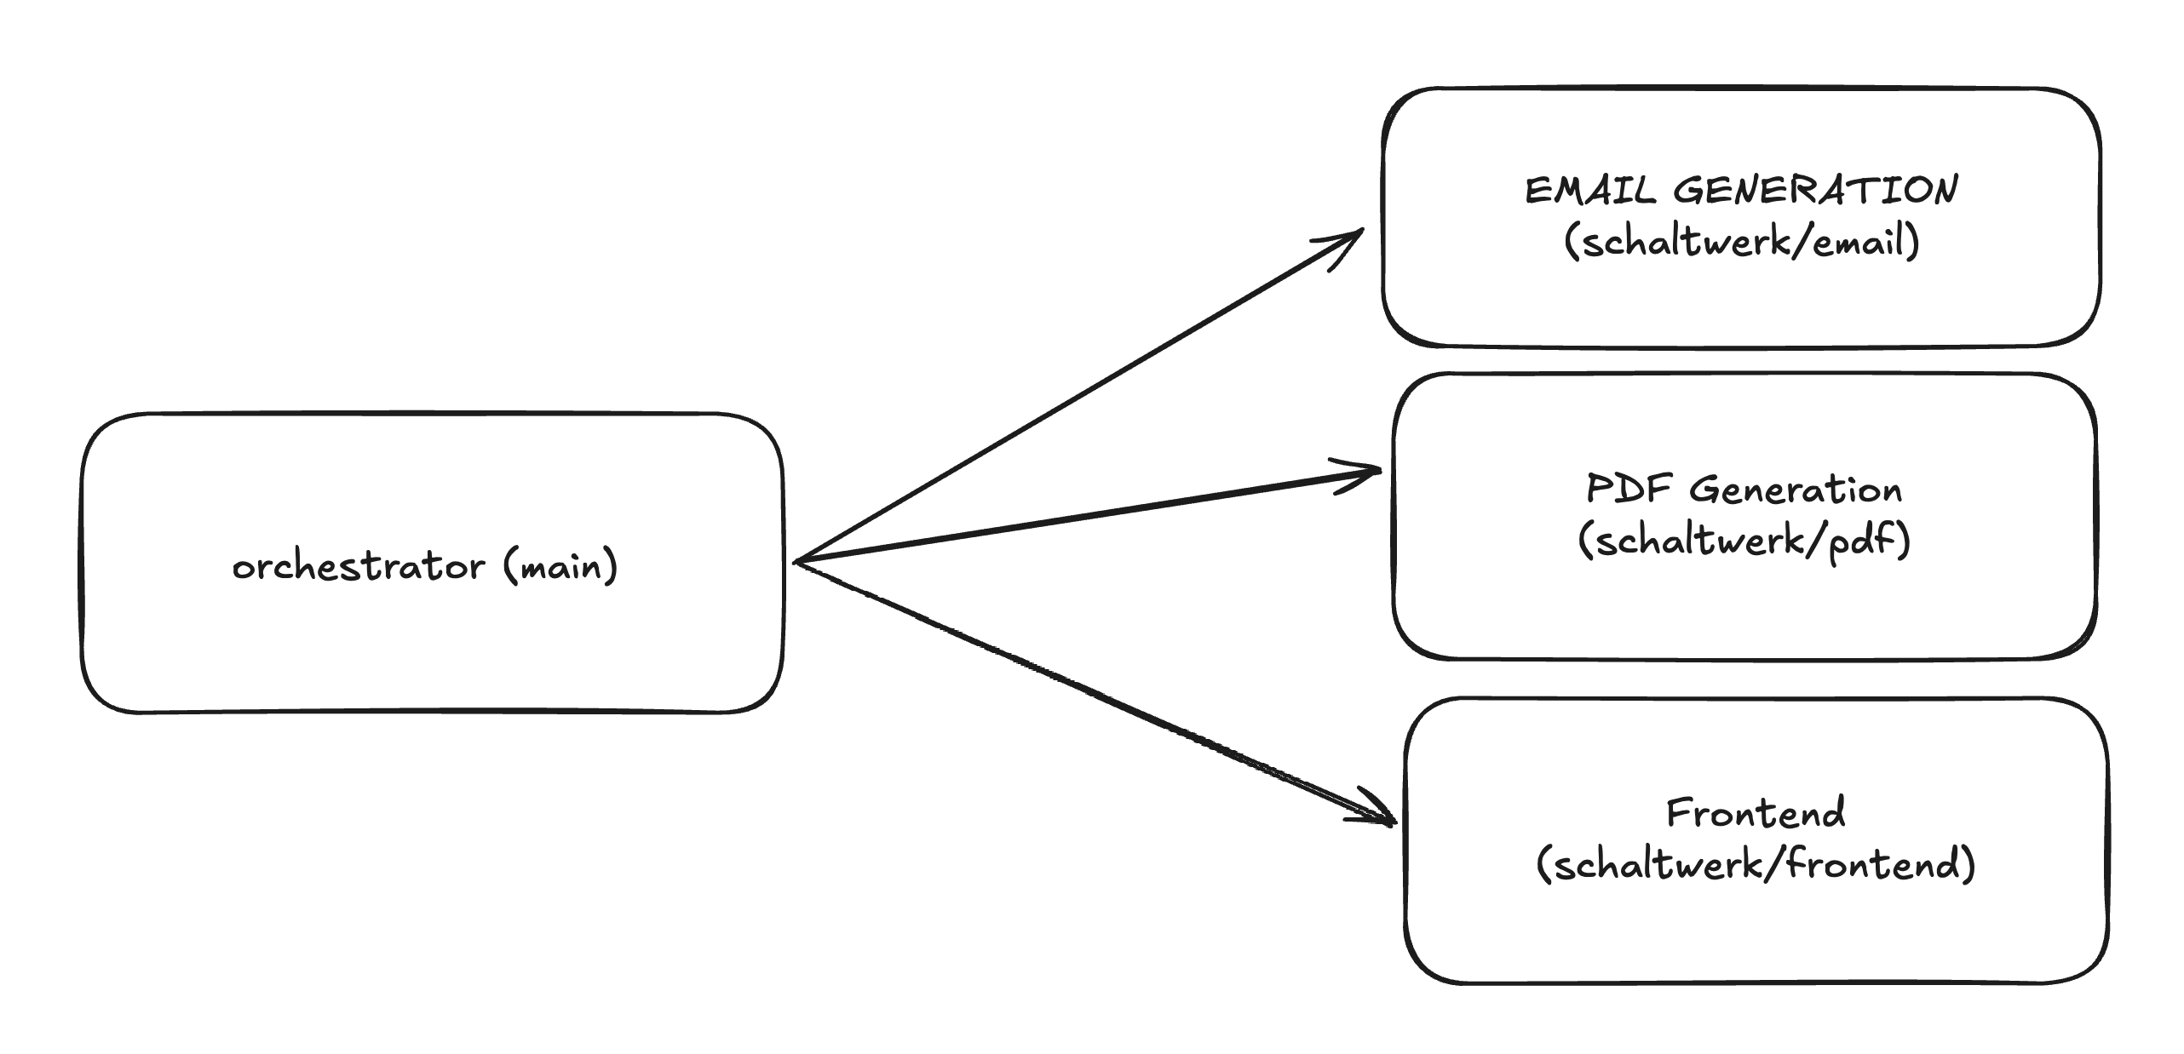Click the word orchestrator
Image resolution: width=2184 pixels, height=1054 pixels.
(x=358, y=567)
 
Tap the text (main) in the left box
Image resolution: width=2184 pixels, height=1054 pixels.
(x=560, y=567)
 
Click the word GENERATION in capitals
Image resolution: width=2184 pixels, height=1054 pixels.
(x=1815, y=190)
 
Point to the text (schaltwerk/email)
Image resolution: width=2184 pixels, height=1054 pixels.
(x=1742, y=242)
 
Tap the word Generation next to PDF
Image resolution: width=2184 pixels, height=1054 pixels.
(x=1796, y=490)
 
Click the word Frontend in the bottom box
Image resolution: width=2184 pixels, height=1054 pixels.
(x=1756, y=813)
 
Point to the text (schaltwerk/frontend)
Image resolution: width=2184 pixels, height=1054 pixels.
(x=1756, y=865)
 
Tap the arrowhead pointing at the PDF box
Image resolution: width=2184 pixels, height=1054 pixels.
(x=1373, y=471)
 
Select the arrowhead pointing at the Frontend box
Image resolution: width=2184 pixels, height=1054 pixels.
(x=1388, y=821)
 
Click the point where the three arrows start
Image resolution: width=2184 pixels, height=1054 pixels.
(x=796, y=562)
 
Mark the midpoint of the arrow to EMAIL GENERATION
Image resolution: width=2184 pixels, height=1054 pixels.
(x=1078, y=395)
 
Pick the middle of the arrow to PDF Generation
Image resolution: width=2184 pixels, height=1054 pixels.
(x=1086, y=516)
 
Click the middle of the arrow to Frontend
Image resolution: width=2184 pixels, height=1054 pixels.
(x=1094, y=691)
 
